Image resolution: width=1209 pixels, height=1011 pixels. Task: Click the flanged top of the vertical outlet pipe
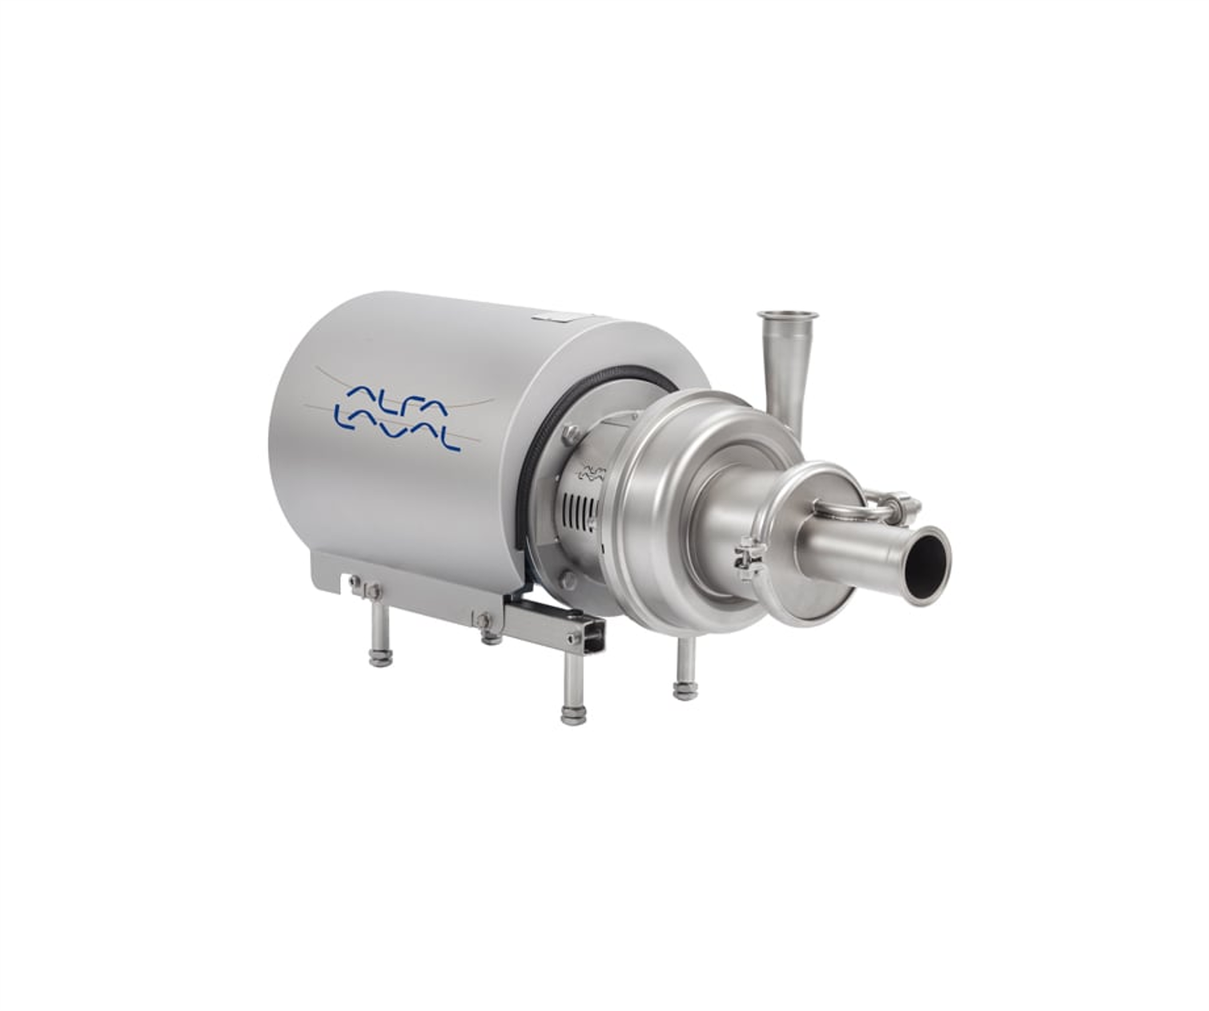point(788,315)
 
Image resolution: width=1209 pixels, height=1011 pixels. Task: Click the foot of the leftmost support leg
point(380,659)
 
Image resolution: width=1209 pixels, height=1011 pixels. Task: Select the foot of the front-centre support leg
point(572,717)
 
